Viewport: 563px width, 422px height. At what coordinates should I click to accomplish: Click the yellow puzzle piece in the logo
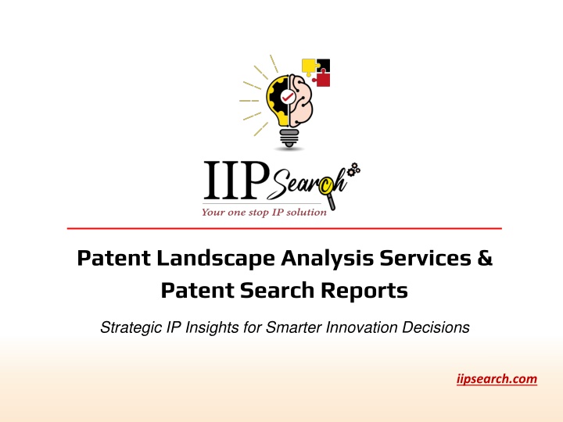(308, 66)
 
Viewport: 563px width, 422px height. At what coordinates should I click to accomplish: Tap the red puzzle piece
(322, 79)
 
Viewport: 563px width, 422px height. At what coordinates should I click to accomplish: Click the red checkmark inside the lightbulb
(287, 96)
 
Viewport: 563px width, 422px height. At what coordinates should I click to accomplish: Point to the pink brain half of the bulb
(301, 100)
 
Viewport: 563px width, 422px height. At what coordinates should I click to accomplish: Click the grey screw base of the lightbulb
(289, 138)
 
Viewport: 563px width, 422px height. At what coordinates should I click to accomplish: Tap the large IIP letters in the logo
(237, 181)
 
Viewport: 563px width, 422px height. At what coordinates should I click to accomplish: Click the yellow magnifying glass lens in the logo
(325, 185)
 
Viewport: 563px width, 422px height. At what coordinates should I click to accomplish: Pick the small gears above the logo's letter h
(353, 169)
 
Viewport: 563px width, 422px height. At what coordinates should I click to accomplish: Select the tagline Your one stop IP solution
(264, 212)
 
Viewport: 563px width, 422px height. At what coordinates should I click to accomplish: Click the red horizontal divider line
(285, 228)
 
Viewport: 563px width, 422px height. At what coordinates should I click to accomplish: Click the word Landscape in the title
(216, 259)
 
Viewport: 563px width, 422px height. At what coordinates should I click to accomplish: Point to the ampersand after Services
(485, 258)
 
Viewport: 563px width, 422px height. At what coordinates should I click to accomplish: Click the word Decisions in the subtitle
(436, 327)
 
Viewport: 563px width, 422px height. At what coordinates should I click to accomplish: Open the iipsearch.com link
(497, 379)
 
